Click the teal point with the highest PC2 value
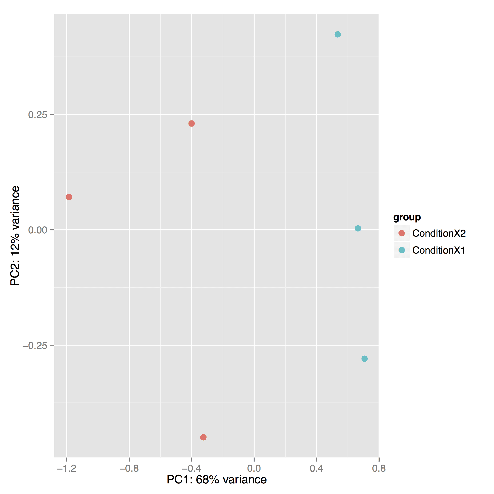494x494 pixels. click(338, 34)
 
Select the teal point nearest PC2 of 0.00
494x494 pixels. click(358, 228)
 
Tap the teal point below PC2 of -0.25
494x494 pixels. click(364, 359)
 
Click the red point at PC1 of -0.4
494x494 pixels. click(191, 123)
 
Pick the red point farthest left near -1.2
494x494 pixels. click(69, 197)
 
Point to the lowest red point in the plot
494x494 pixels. click(203, 437)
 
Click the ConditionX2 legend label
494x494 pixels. click(439, 233)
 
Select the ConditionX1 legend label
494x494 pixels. click(438, 250)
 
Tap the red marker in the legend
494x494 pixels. click(402, 233)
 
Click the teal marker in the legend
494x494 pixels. click(402, 250)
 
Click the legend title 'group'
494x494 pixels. click(407, 217)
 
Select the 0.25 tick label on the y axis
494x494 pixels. click(38, 115)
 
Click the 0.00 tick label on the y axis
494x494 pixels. click(38, 230)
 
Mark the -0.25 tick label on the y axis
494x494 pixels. click(35, 345)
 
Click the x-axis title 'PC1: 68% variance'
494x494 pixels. click(217, 480)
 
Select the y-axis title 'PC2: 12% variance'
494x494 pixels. click(15, 235)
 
